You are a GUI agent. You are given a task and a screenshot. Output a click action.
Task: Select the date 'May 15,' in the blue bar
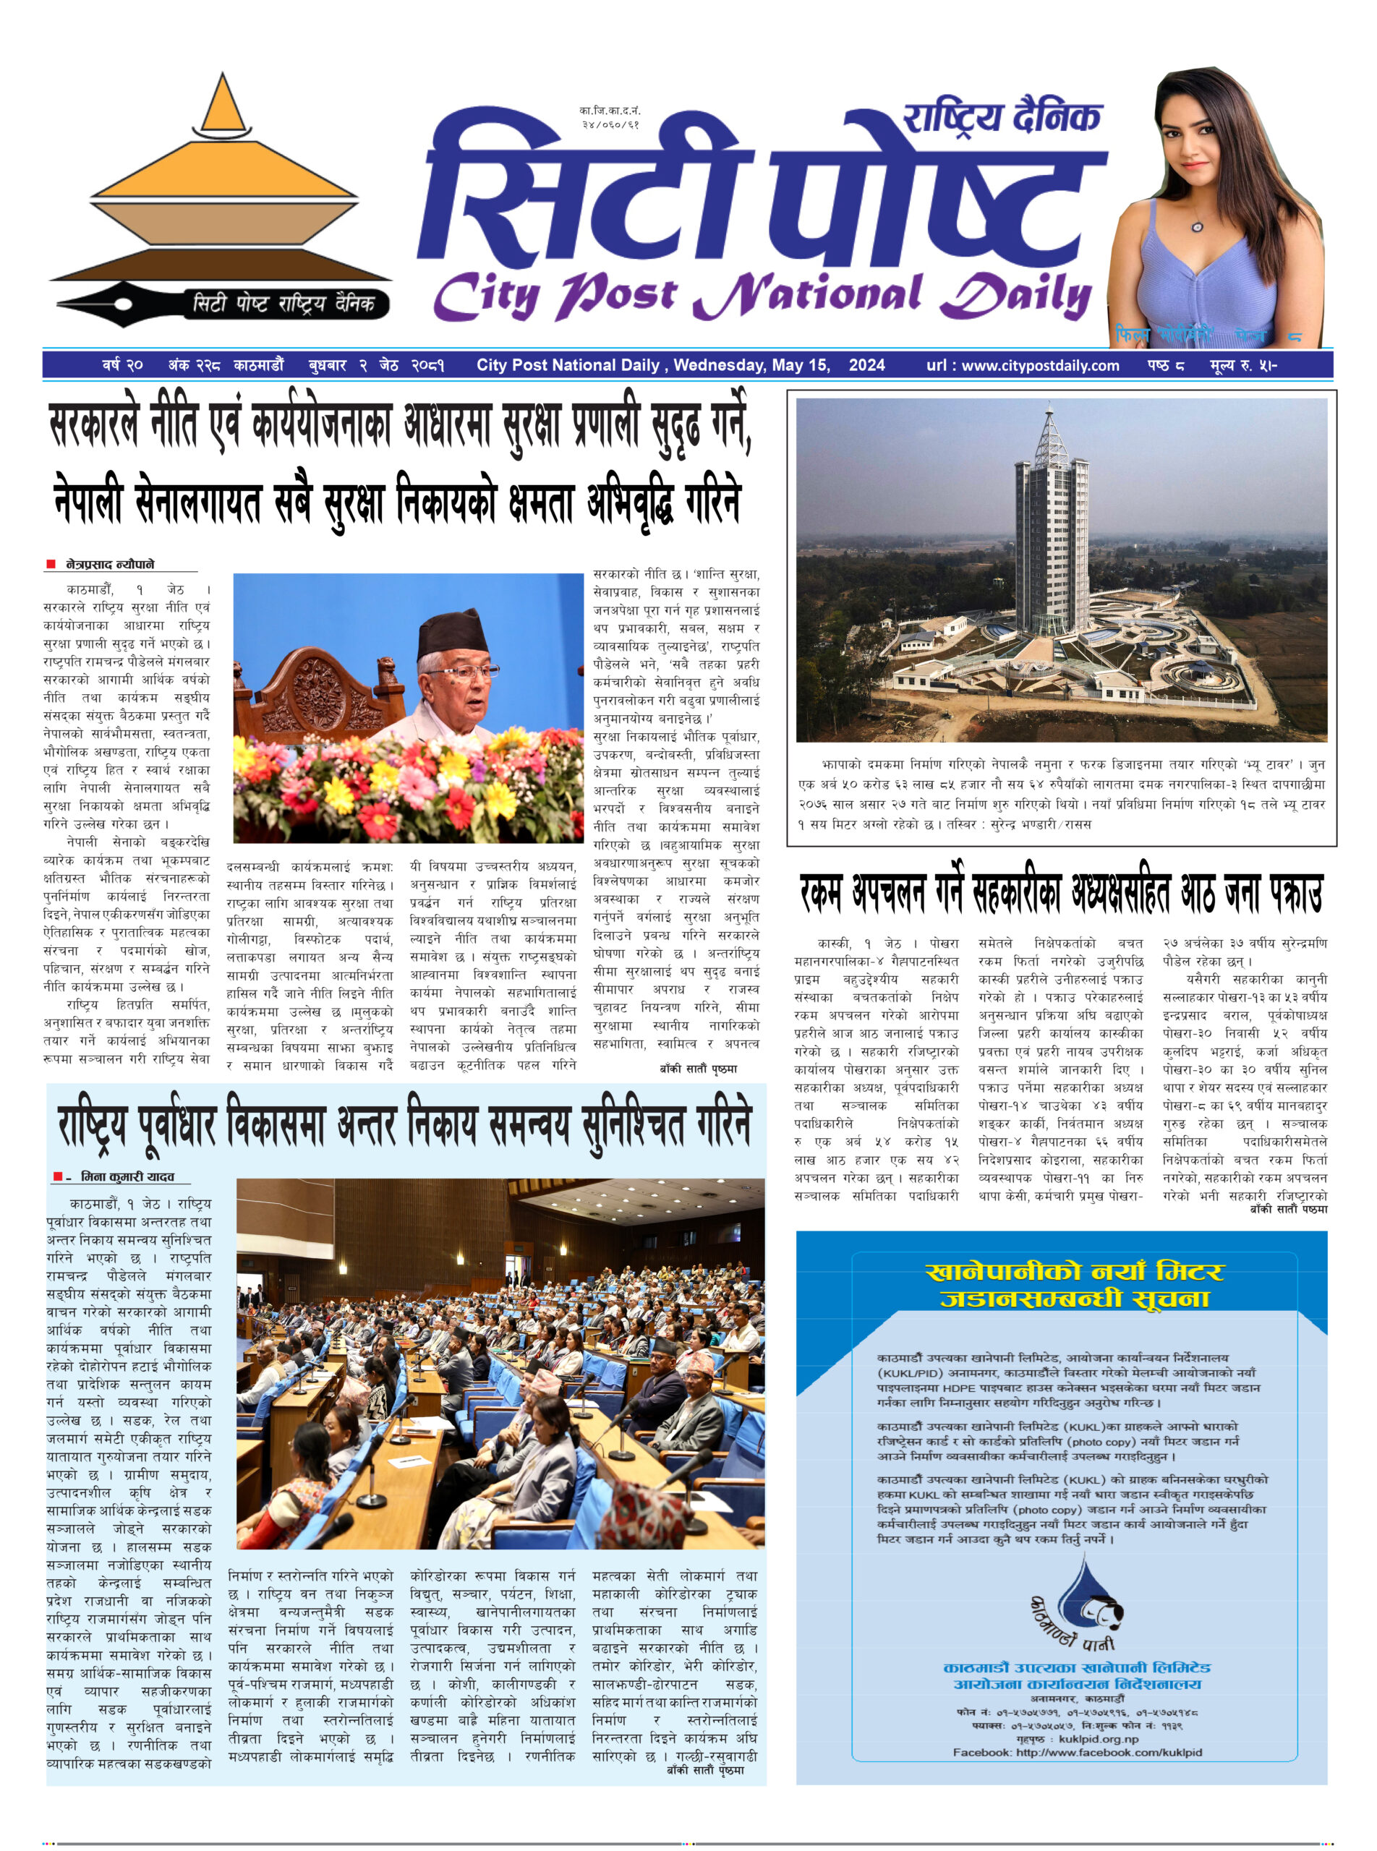(800, 365)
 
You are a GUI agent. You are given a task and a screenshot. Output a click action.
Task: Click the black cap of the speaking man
(453, 634)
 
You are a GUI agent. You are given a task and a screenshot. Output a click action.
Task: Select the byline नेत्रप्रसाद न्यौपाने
(110, 564)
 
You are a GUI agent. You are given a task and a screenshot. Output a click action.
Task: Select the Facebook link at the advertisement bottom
(1077, 1753)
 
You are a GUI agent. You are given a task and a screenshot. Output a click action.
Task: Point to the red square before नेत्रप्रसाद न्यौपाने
(51, 564)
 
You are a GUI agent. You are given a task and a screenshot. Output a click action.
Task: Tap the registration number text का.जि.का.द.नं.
(610, 111)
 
